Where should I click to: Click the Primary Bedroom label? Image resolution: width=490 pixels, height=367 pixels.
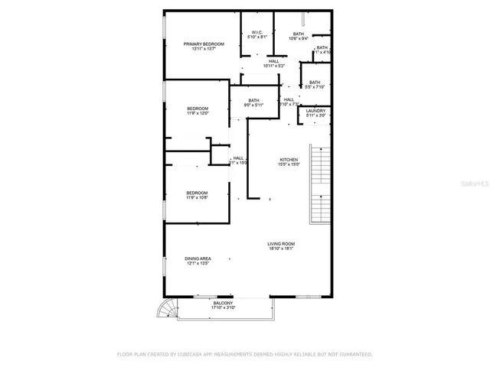tap(204, 44)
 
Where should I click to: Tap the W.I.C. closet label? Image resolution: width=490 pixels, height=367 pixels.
tap(258, 32)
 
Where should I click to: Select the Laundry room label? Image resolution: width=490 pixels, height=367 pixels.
tap(316, 111)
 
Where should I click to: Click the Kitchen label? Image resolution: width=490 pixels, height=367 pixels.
tap(288, 159)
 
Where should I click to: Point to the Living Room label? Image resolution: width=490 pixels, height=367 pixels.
tap(281, 244)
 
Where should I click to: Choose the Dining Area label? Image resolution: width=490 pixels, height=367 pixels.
tap(198, 258)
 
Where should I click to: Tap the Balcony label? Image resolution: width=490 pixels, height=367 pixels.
tap(224, 304)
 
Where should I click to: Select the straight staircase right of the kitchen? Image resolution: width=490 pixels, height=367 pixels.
tap(318, 183)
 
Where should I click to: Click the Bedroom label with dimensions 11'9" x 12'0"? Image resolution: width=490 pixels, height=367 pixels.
tap(198, 109)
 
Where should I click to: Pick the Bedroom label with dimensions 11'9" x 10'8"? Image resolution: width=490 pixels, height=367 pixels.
tap(197, 193)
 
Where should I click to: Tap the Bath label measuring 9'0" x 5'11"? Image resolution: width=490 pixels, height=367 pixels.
tap(253, 100)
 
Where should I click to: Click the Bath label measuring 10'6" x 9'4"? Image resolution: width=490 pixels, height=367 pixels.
tap(298, 34)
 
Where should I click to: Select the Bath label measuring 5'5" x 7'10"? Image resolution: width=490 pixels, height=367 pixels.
tap(315, 83)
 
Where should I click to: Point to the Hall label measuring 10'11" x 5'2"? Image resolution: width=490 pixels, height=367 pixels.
tap(273, 61)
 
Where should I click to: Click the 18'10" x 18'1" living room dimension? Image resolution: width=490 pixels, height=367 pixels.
tap(281, 248)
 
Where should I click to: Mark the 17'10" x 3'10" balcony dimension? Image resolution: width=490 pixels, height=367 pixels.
tap(224, 308)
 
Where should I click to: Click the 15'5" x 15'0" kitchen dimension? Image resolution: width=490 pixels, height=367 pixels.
tap(288, 164)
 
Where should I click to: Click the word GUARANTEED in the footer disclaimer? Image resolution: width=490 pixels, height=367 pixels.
tap(354, 355)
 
